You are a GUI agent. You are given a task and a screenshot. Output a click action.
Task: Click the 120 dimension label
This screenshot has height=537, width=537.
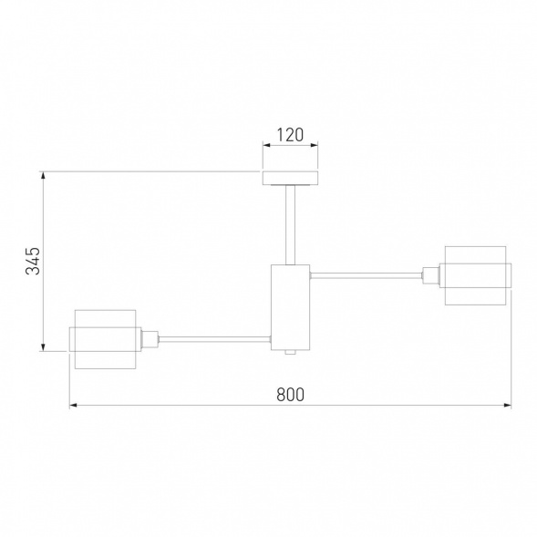pos(290,135)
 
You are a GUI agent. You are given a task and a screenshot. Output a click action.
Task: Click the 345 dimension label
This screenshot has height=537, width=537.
pos(33,261)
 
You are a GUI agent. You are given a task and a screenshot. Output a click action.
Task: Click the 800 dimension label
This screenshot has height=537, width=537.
pos(290,395)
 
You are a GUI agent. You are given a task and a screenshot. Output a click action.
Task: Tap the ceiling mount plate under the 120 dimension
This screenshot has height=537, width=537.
pos(291,178)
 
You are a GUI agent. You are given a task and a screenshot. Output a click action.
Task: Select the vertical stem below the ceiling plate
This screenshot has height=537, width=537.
pos(291,225)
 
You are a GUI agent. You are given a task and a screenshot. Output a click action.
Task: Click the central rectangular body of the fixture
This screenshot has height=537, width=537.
pos(291,307)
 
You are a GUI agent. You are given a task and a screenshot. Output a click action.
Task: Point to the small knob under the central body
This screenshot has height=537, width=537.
pos(291,353)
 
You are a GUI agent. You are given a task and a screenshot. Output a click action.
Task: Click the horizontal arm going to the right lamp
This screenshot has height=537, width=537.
pos(366,275)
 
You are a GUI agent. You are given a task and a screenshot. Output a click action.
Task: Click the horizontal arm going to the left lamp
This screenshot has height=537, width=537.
pos(215,339)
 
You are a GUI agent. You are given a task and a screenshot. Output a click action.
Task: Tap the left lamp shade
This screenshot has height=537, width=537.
pos(105,339)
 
